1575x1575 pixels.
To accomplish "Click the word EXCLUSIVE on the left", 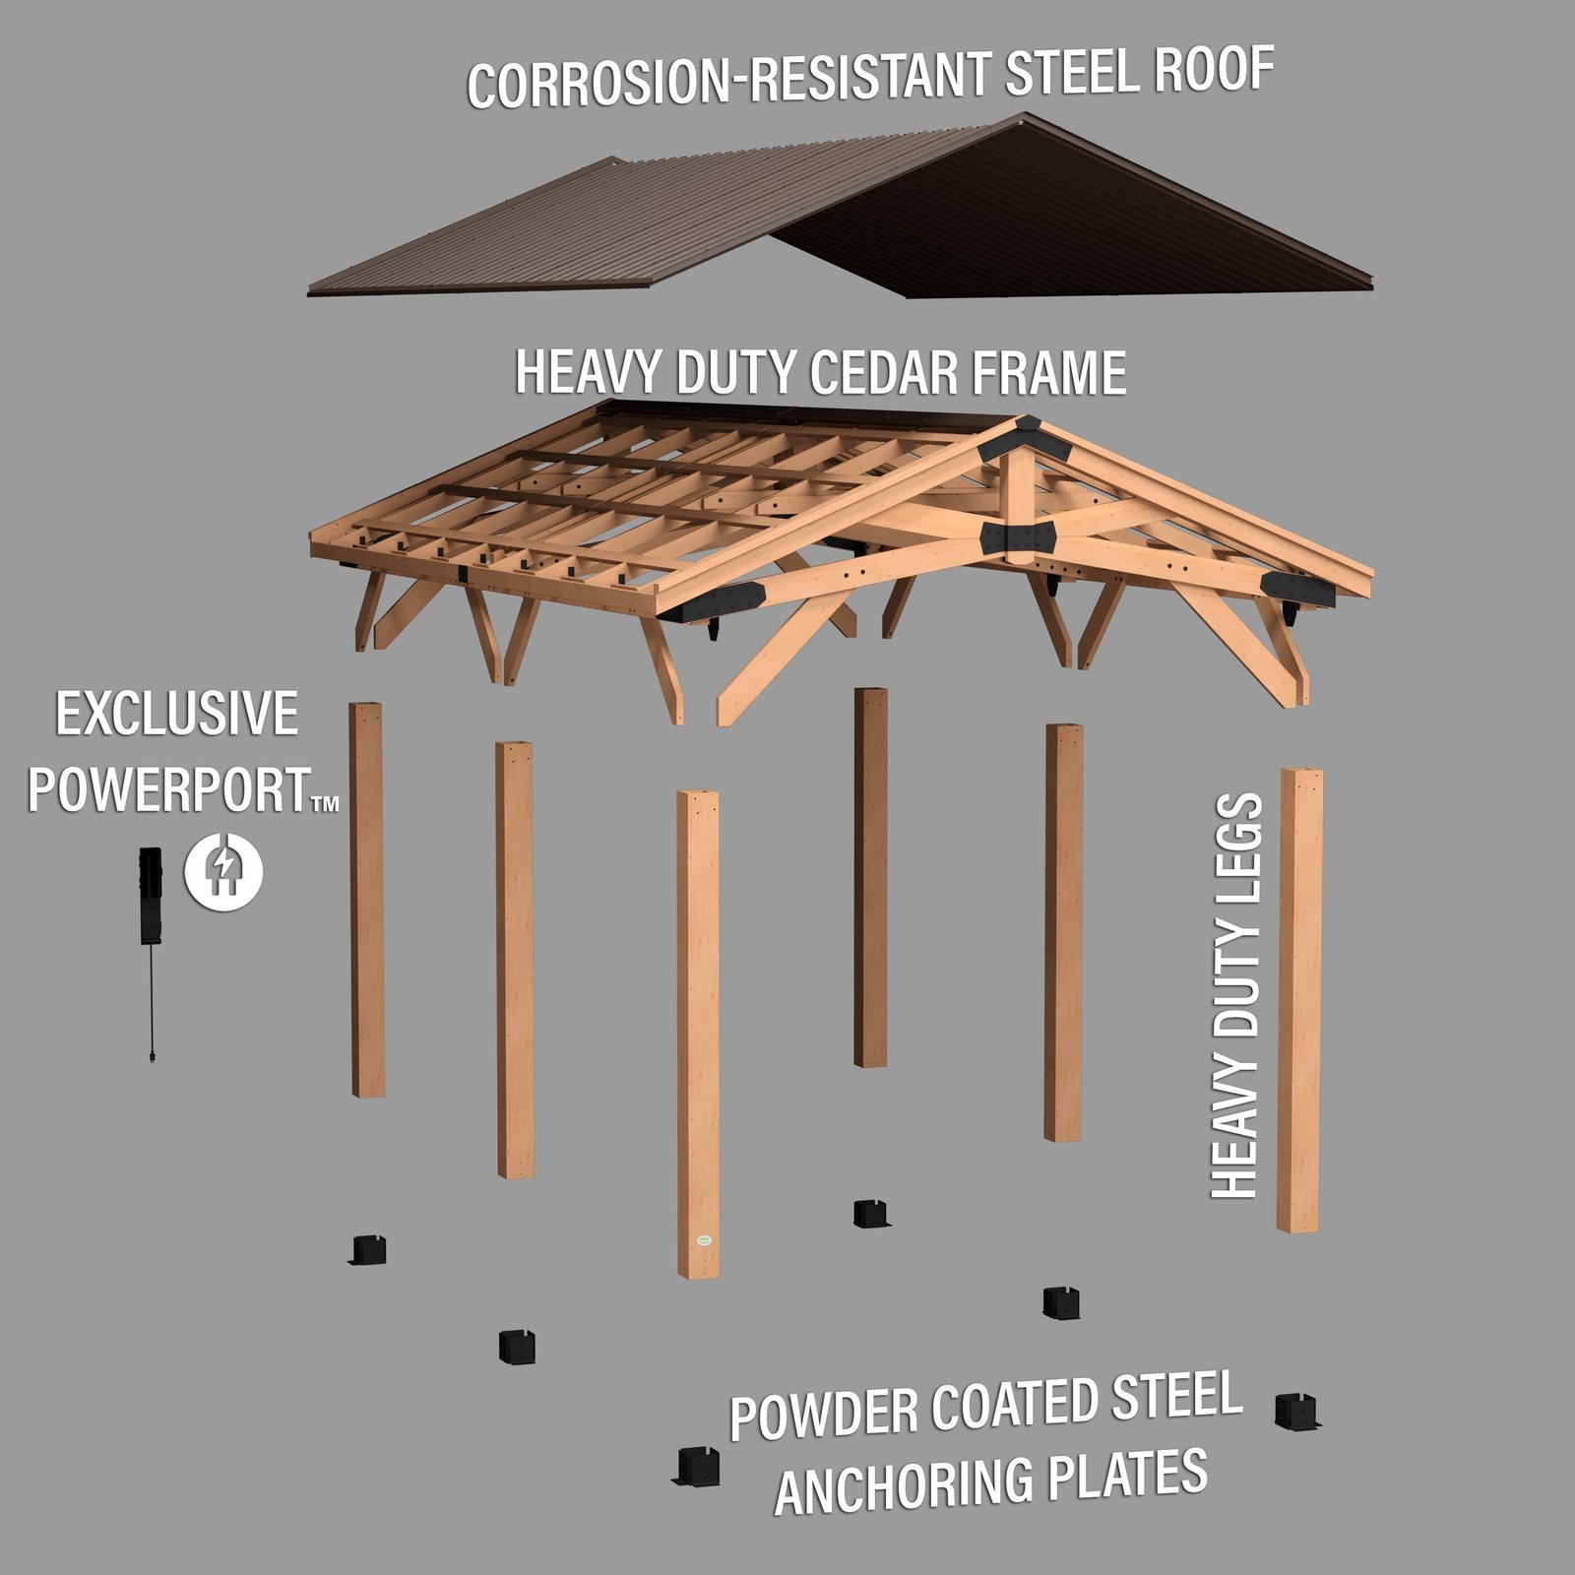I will pos(176,714).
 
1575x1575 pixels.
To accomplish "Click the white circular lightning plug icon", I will pos(224,870).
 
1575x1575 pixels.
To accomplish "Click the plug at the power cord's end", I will pos(152,1056).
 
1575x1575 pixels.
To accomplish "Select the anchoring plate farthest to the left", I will pos(368,1250).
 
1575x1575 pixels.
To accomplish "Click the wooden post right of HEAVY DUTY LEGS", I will pos(1299,999).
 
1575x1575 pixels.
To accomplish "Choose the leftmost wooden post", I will pos(367,899).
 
